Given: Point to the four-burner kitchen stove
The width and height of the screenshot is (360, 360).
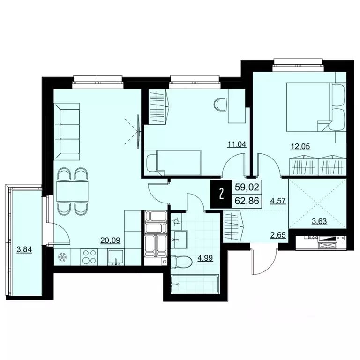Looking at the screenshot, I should (90, 257).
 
